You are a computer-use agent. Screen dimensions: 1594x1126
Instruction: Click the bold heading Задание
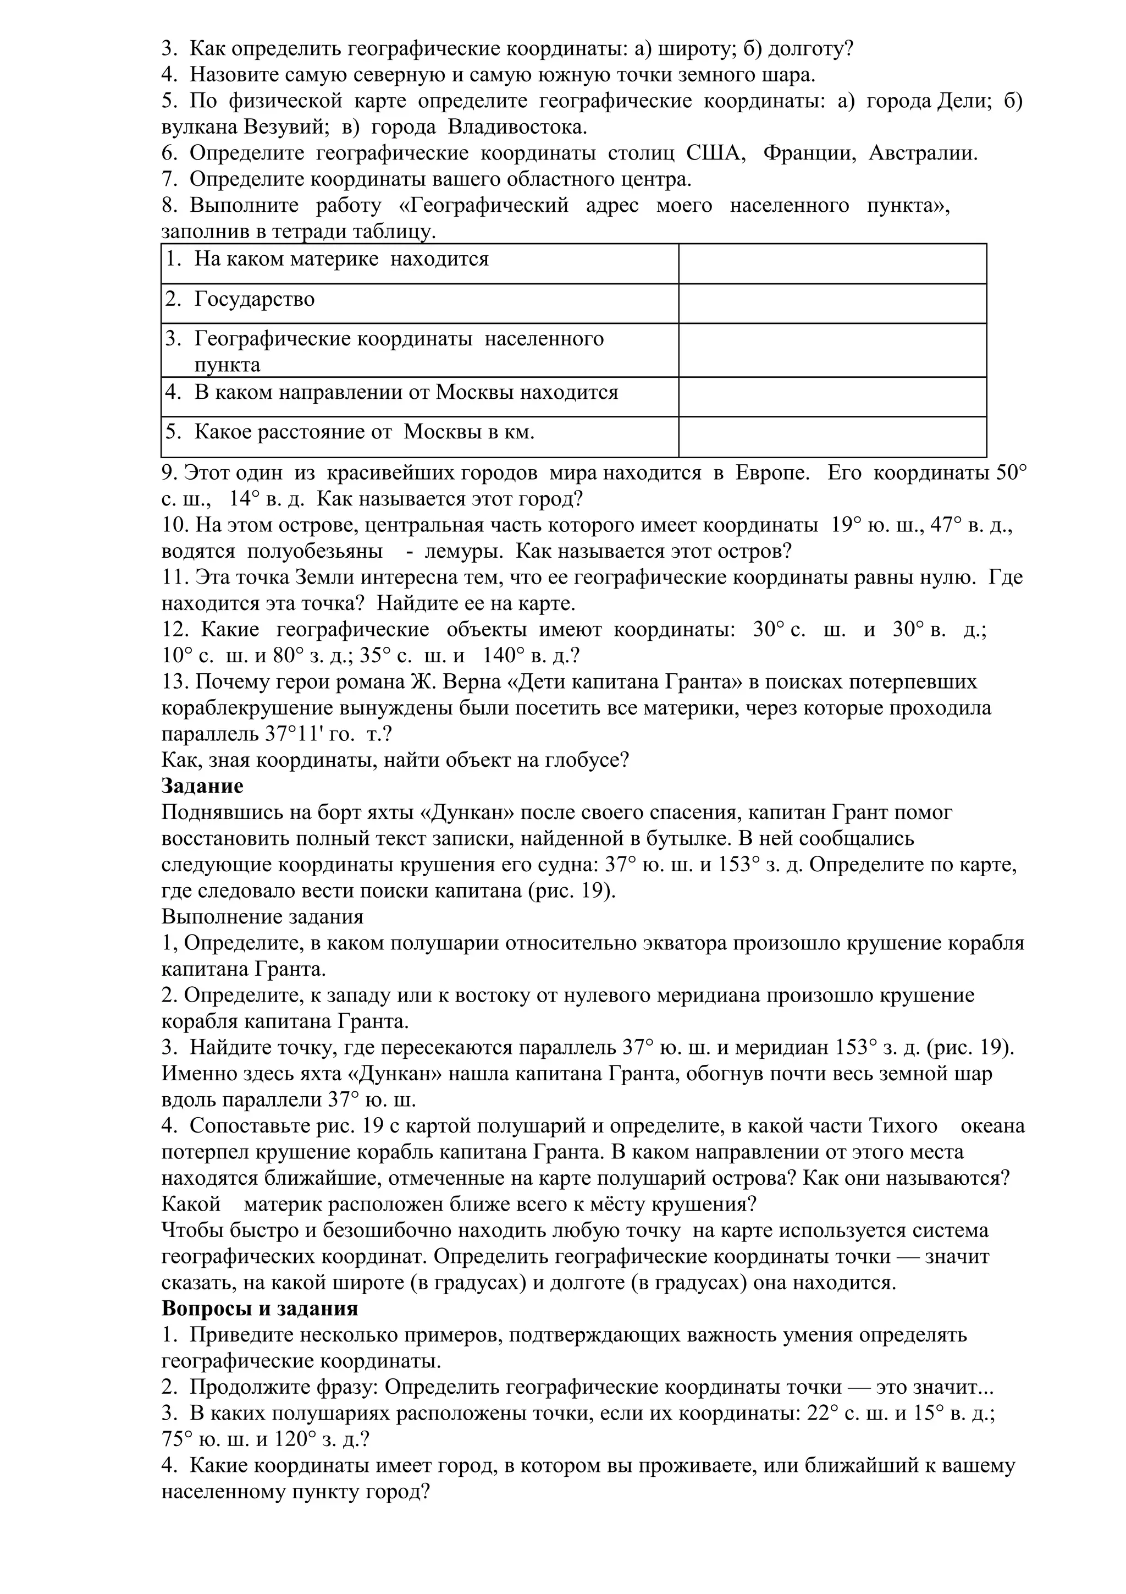click(x=202, y=787)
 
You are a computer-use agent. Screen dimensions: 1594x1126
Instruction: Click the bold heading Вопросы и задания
click(x=260, y=1309)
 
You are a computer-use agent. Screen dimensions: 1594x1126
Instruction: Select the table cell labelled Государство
click(x=254, y=299)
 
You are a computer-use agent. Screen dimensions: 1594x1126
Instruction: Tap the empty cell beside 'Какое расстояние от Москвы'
click(x=832, y=436)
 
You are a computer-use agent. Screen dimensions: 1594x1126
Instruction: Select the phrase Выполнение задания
click(x=262, y=917)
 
